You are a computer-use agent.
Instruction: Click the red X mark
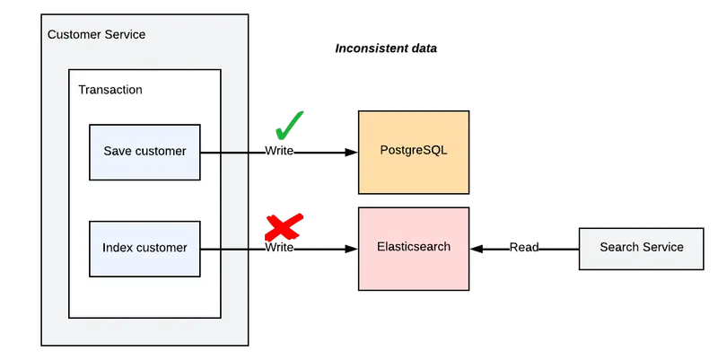point(284,228)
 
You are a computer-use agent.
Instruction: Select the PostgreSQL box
point(413,150)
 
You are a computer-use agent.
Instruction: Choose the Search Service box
point(641,248)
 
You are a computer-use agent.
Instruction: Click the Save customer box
point(144,152)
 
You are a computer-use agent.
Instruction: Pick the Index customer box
point(144,248)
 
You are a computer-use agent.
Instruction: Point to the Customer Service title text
point(96,35)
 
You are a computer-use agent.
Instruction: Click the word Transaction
point(110,90)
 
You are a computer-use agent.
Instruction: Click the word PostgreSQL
point(413,150)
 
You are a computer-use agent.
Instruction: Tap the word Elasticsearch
point(413,247)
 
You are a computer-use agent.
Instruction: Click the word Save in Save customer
point(118,152)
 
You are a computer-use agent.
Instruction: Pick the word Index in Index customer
point(117,248)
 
